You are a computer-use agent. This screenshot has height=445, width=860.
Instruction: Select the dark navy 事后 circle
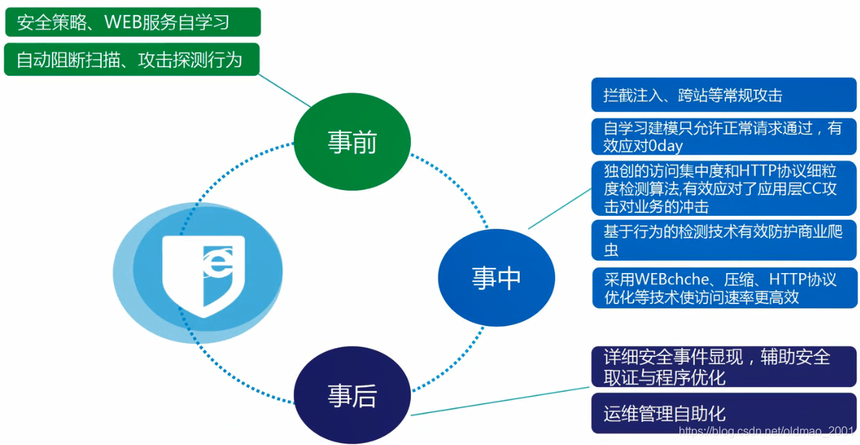tap(352, 397)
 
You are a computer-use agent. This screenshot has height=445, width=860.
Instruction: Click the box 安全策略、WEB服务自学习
tap(132, 22)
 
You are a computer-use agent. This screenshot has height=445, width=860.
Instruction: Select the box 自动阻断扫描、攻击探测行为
tap(132, 60)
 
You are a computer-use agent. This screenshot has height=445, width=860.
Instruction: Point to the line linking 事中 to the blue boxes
tap(560, 209)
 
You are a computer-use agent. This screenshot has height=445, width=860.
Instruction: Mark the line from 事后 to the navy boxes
tap(498, 402)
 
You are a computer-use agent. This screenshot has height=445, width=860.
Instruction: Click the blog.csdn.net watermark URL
tap(766, 432)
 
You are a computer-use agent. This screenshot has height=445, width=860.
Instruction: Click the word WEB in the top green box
tap(122, 22)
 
